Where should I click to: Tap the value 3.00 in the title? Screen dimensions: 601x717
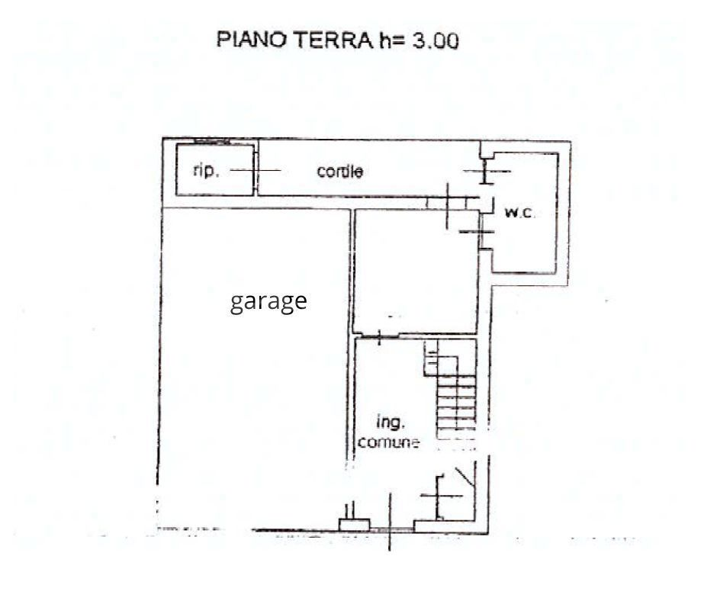436,40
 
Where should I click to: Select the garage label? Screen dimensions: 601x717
268,301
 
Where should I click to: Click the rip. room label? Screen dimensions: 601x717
206,171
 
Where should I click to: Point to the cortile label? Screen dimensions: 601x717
339,172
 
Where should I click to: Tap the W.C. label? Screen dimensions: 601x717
519,214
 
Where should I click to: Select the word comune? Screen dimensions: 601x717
388,442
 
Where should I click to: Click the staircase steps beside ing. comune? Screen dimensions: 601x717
455,400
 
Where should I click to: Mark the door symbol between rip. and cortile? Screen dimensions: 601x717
255,170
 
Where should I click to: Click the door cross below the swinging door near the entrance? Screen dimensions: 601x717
441,497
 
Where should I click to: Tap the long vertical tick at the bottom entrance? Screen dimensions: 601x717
390,522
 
